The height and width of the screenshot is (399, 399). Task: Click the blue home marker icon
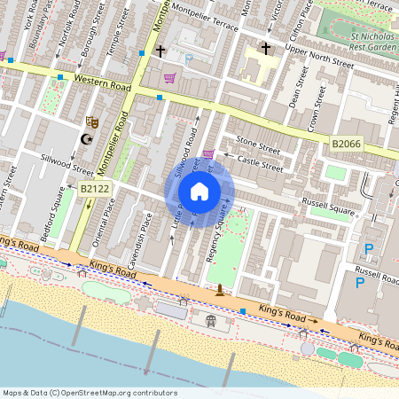pyautogui.click(x=199, y=191)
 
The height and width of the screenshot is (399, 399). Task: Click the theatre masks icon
pyautogui.click(x=91, y=121)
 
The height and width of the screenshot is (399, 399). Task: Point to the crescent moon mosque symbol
pyautogui.click(x=86, y=139)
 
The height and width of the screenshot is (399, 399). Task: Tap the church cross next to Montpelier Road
pyautogui.click(x=160, y=51)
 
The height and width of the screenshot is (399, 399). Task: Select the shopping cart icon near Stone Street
pyautogui.click(x=208, y=154)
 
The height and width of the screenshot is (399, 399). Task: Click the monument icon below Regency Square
pyautogui.click(x=220, y=289)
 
